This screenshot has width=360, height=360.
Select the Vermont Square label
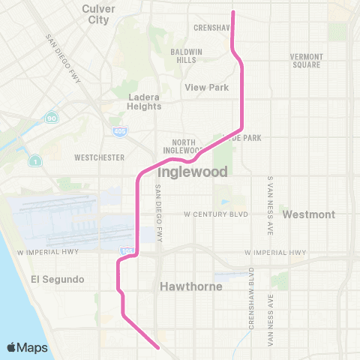(306, 61)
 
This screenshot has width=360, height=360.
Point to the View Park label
(207, 88)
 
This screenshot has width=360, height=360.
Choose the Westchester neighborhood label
(99, 158)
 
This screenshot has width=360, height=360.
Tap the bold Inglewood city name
(193, 171)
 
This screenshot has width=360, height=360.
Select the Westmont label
(308, 214)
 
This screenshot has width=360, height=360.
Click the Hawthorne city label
(188, 286)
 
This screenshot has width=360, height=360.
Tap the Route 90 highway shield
(51, 118)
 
